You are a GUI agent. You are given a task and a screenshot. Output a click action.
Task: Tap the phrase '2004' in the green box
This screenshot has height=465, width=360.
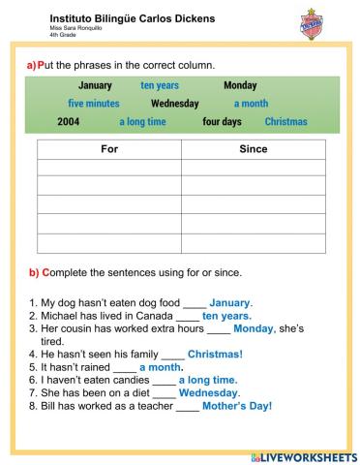(x=68, y=122)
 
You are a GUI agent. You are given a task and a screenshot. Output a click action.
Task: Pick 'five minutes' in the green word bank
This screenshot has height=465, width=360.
(x=94, y=103)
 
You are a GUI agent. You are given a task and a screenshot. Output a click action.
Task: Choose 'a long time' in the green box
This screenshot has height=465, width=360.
(x=142, y=122)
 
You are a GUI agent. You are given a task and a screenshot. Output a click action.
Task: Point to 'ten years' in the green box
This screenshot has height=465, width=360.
(x=161, y=85)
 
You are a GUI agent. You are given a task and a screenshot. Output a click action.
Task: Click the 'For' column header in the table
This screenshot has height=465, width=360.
(x=108, y=150)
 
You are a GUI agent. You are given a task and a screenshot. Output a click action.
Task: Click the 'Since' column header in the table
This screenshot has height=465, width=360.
(x=253, y=150)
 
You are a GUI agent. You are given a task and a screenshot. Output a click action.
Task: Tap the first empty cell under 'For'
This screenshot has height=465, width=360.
(x=108, y=169)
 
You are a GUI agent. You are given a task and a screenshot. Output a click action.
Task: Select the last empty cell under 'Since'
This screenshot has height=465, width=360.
(x=253, y=242)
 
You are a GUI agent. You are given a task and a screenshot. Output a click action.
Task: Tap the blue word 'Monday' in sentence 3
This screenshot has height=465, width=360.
(x=254, y=328)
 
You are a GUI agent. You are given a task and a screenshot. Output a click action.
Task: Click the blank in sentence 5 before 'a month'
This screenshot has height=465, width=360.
(x=124, y=368)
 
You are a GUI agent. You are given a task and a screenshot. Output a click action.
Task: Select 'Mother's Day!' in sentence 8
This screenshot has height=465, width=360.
(x=238, y=406)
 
